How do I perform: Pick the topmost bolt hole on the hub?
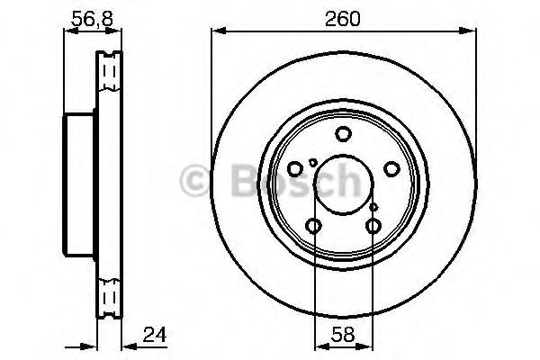pos(342,135)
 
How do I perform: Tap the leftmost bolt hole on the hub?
pos(294,169)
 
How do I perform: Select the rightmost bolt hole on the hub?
pos(391,169)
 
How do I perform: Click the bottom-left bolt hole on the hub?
pos(313,226)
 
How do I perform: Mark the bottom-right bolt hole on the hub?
pos(372,226)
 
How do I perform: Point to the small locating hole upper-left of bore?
pos(312,162)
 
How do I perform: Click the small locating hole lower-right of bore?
pos(373,206)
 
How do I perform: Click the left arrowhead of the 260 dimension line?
pos(216,31)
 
